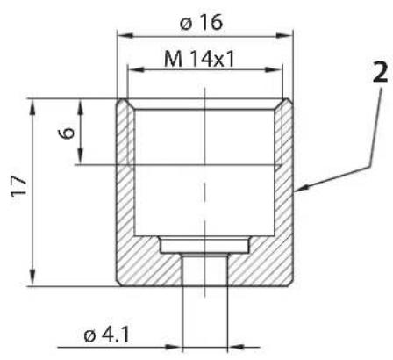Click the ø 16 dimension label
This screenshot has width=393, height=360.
[202, 23]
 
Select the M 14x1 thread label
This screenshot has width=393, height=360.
[200, 59]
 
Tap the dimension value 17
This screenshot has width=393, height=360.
[18, 186]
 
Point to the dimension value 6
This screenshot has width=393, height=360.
[67, 133]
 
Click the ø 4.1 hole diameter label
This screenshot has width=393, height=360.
[106, 335]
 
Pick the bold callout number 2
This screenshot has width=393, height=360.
[381, 72]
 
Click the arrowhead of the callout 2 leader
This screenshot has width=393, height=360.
[301, 188]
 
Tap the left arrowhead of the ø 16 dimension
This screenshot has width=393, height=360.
[125, 36]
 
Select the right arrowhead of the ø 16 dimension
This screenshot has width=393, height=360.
[284, 36]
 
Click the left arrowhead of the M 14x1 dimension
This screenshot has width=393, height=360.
[136, 69]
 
